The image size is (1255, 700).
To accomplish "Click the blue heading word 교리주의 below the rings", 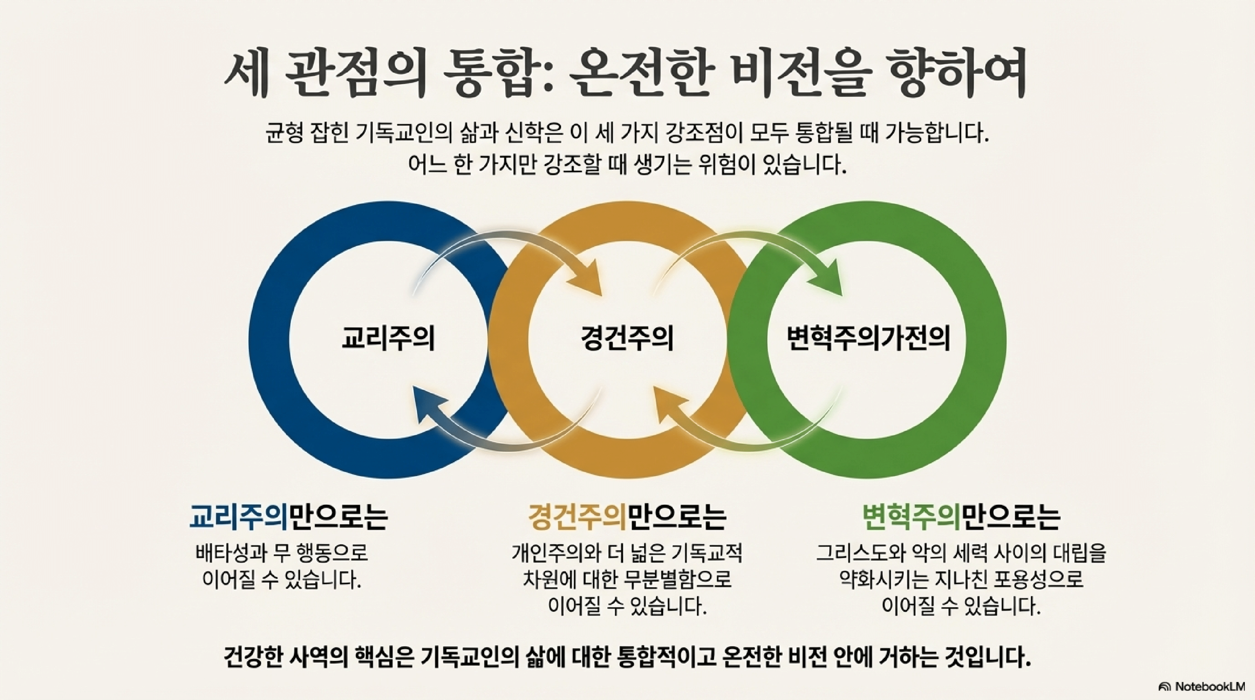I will click(239, 517).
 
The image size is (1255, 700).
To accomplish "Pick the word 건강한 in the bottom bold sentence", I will click(254, 658).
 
